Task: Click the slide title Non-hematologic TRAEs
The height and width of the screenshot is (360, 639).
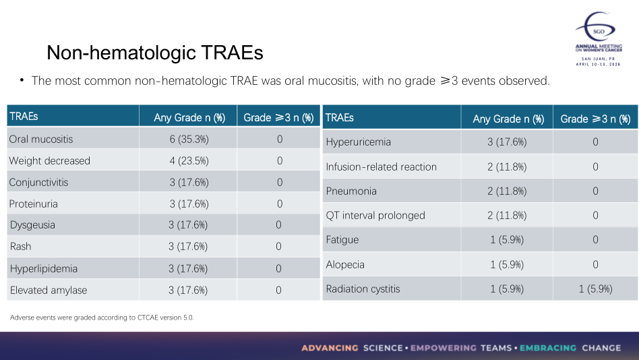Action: point(154,53)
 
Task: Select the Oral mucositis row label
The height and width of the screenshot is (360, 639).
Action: point(41,140)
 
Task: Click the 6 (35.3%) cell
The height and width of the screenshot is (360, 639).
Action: point(189,140)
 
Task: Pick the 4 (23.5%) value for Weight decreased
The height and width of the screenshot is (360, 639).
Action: point(189,161)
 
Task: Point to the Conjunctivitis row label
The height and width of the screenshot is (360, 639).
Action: point(38,183)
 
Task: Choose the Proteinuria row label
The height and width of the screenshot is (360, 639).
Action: point(34,204)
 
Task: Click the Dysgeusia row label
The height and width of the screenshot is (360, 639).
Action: point(32,225)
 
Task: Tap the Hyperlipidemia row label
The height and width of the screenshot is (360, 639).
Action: point(44,269)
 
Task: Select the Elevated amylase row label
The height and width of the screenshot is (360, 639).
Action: point(48,291)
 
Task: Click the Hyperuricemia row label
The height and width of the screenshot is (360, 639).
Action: point(358,142)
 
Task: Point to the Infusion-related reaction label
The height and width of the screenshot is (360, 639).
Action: point(381,167)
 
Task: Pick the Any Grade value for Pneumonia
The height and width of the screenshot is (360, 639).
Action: point(508,191)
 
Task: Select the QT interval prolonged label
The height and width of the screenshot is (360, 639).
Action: point(375,216)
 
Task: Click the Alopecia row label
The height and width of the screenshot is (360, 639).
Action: point(345,265)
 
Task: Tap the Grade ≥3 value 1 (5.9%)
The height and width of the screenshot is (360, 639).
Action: point(595,289)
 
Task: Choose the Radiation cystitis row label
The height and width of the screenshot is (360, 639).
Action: point(363,289)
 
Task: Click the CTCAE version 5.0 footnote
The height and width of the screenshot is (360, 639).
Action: point(102,318)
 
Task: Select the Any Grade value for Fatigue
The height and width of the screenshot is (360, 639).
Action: point(508,240)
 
